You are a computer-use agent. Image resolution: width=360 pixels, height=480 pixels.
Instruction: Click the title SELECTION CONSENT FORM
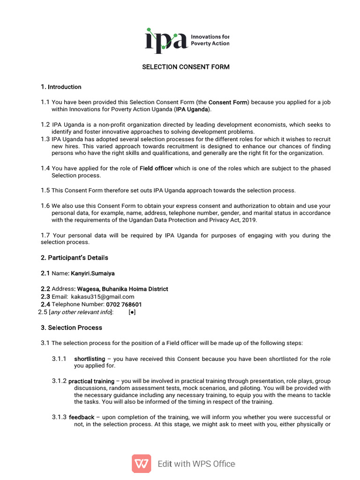186,67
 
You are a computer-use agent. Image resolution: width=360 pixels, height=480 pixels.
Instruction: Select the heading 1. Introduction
61,87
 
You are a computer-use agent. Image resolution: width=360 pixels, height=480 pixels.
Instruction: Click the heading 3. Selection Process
71,328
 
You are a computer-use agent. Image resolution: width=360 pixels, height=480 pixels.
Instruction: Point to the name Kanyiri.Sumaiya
93,273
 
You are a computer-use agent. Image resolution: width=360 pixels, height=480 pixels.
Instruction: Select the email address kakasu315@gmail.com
103,297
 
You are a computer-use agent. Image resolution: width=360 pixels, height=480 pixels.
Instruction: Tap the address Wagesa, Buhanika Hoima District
122,289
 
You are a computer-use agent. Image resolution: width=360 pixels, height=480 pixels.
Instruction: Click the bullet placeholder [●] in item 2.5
132,312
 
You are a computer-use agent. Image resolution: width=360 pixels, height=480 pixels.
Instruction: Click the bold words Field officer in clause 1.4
156,168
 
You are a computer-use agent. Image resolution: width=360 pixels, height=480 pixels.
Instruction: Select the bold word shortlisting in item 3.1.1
90,359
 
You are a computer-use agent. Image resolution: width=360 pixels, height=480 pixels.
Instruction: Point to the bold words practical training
91,381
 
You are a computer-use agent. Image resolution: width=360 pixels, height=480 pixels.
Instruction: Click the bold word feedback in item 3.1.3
82,417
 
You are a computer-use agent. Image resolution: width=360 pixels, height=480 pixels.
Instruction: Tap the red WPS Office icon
141,464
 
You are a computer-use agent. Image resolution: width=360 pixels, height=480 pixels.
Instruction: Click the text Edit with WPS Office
196,464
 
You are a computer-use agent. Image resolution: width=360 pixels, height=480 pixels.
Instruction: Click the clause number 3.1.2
59,381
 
